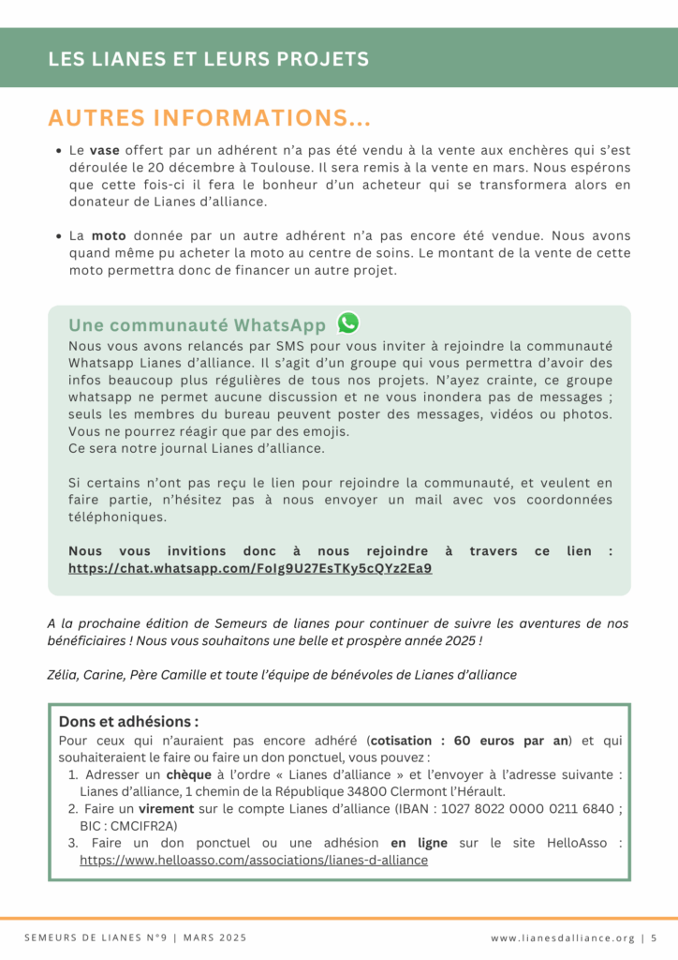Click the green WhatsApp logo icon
348,323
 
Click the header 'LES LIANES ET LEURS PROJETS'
208,59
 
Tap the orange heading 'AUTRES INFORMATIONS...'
210,119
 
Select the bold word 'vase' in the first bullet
107,150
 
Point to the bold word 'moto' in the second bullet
109,236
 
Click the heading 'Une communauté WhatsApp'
198,325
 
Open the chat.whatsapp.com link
250,568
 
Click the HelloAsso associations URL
254,860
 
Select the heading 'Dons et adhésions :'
128,722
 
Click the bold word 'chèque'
189,775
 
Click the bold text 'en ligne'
419,844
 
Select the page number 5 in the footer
654,937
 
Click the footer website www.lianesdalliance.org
562,937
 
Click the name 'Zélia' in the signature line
62,674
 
